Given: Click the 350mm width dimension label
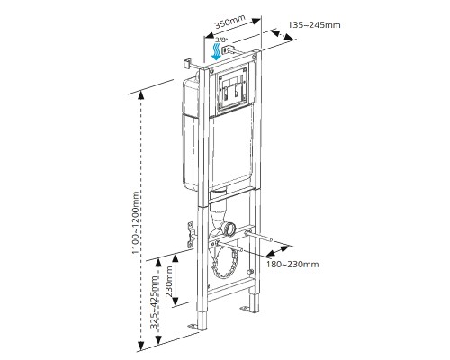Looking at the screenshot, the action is click(x=229, y=21).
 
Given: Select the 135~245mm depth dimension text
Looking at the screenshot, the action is click(x=314, y=25).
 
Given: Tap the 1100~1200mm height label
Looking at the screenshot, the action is click(x=136, y=222).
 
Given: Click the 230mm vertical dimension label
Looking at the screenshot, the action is click(x=169, y=282).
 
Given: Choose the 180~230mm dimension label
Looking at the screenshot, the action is click(x=292, y=265).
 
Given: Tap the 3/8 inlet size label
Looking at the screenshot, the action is click(x=221, y=40).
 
